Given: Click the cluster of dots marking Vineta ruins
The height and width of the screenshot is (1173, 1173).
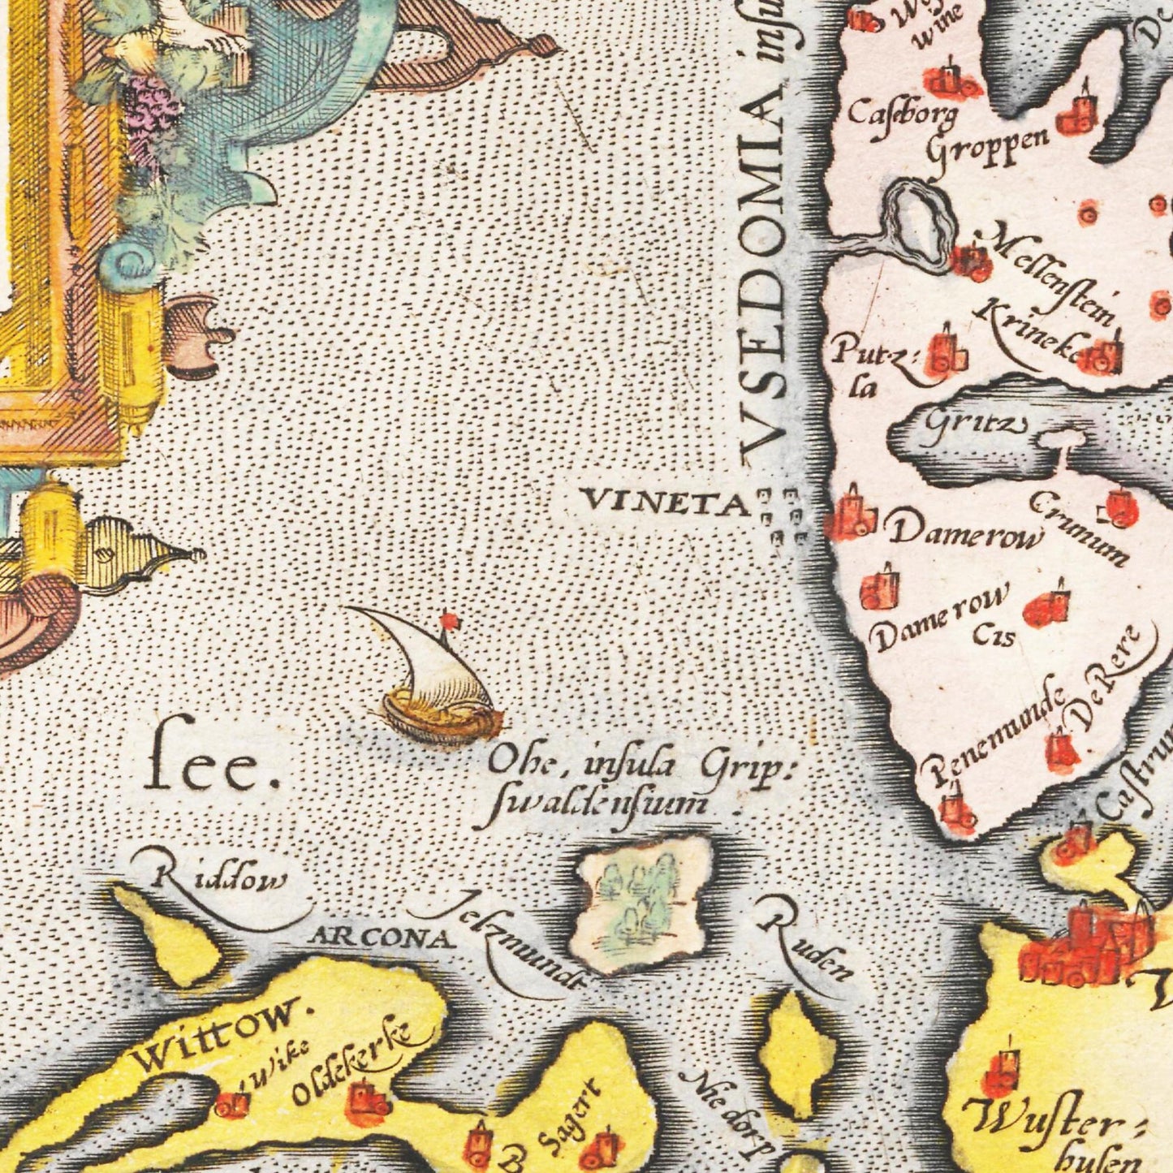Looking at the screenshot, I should click(781, 515).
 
